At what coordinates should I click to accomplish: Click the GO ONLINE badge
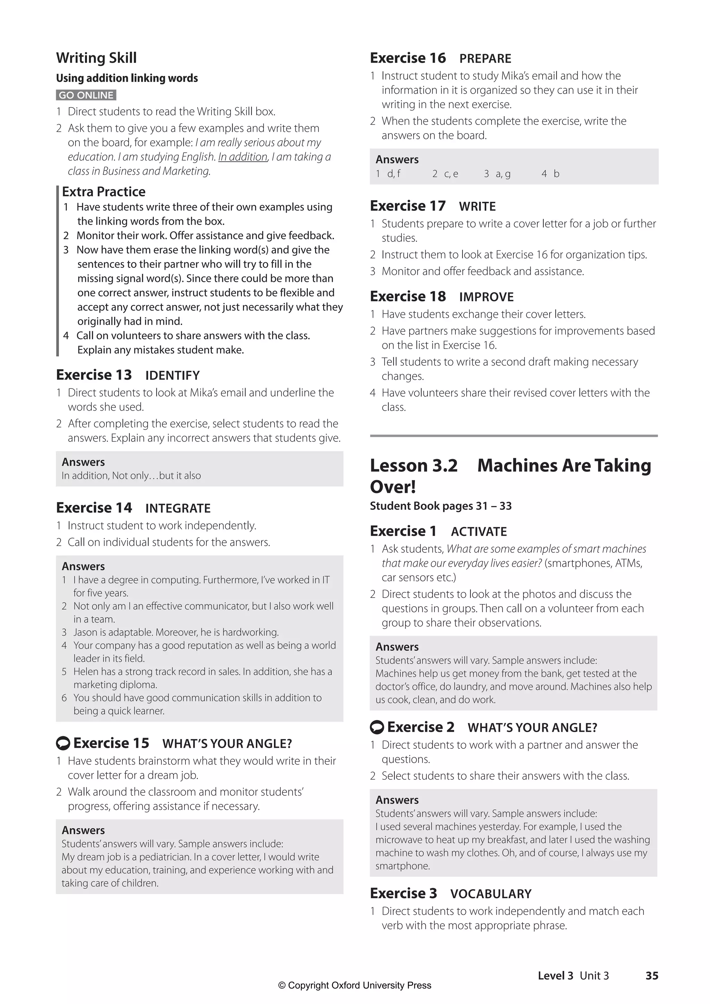(x=86, y=95)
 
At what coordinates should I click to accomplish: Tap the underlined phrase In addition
(x=243, y=157)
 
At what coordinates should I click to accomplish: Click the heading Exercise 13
(x=94, y=375)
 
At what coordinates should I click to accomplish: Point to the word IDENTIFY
(x=172, y=376)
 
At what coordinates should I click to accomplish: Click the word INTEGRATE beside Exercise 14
(x=178, y=508)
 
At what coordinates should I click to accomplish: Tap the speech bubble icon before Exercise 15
(x=63, y=744)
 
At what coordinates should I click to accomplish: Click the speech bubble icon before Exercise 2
(x=376, y=727)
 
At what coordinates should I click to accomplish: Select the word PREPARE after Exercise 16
(x=485, y=59)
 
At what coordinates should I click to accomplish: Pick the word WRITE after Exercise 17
(x=477, y=206)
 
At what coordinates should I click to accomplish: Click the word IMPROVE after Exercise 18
(x=486, y=297)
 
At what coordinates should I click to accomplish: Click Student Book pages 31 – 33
(x=440, y=506)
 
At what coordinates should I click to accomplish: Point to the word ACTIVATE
(x=479, y=532)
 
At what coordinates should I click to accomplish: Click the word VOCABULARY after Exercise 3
(x=491, y=894)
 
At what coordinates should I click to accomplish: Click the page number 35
(x=651, y=976)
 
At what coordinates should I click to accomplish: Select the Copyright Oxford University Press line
(x=355, y=986)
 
